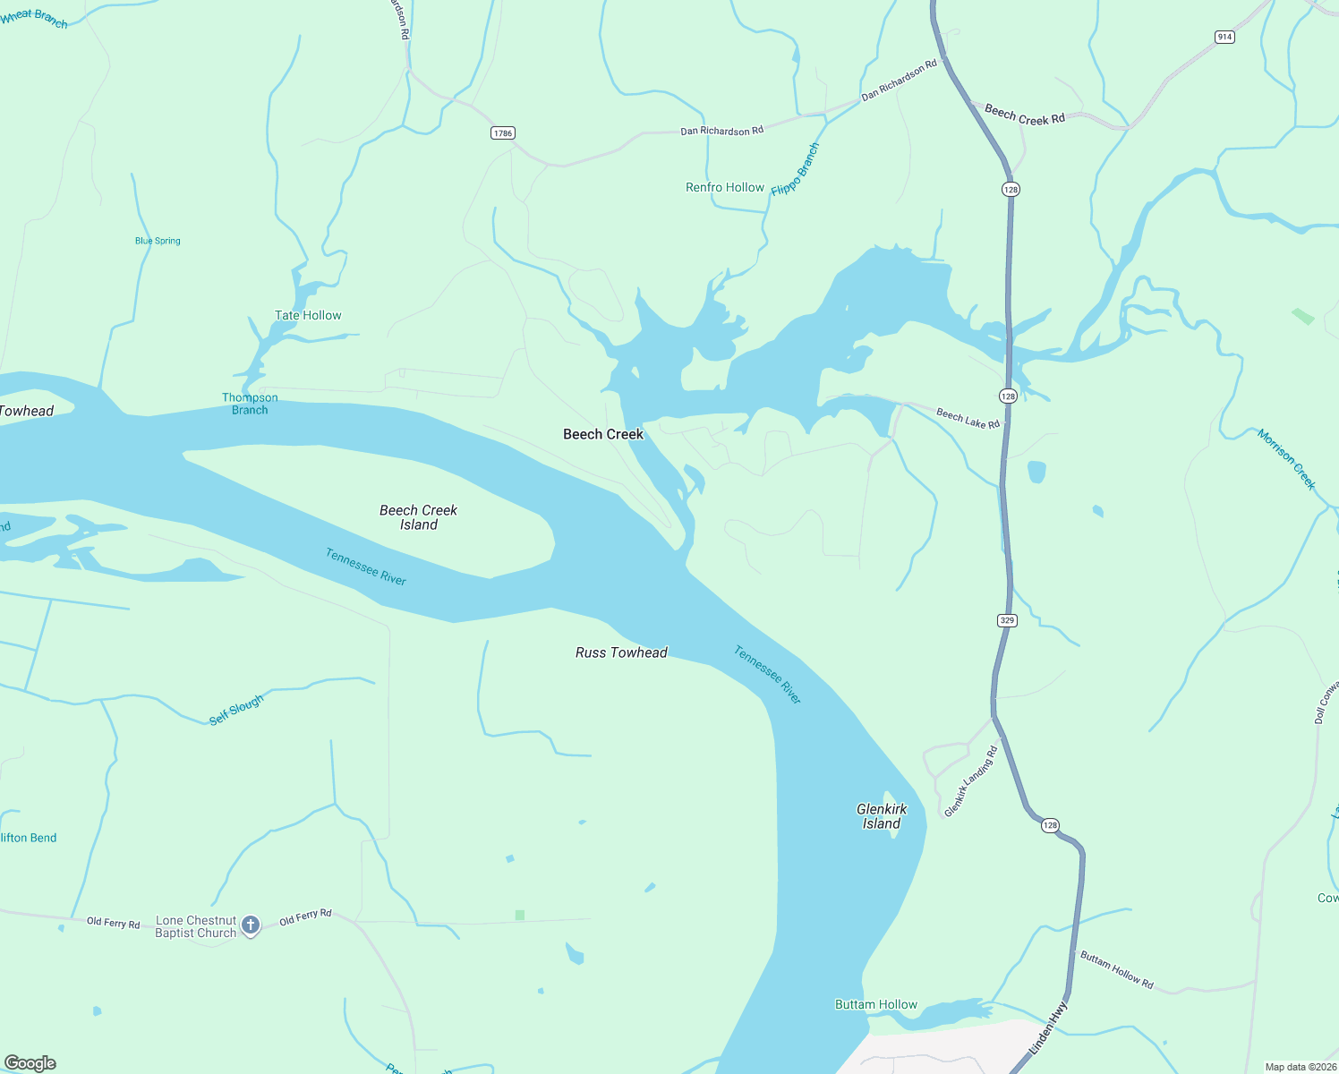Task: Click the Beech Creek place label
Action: click(602, 434)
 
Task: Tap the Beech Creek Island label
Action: click(418, 517)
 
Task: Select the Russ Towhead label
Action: click(621, 652)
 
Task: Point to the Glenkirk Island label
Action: click(882, 816)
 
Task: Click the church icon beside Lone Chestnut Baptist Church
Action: click(252, 925)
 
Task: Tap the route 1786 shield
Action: click(503, 133)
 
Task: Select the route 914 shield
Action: click(1224, 37)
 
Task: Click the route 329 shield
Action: click(1007, 620)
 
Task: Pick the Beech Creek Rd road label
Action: click(1025, 115)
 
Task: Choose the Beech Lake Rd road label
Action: click(968, 418)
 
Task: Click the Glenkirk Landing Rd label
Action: click(970, 781)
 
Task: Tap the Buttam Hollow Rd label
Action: click(1116, 970)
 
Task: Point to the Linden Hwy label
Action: click(1048, 1027)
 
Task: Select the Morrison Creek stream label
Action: click(1286, 459)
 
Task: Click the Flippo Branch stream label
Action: click(795, 169)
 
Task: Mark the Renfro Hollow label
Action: click(725, 187)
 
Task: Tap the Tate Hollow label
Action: click(308, 315)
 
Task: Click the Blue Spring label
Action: click(158, 241)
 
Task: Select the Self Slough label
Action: click(236, 710)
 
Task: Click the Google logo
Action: click(30, 1063)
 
